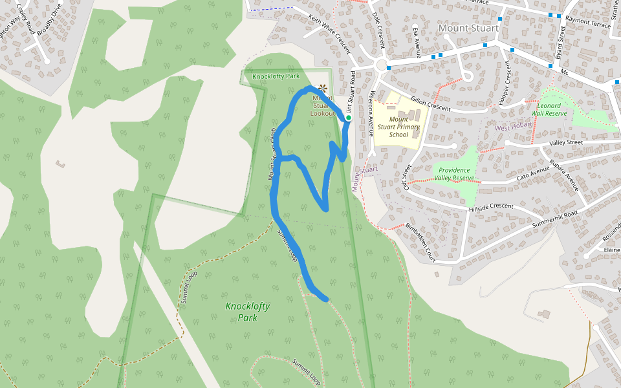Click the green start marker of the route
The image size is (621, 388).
click(x=348, y=118)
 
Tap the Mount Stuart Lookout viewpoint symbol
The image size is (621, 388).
click(x=323, y=89)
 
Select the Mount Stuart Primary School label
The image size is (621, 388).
click(x=399, y=127)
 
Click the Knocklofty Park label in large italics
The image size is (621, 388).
click(x=248, y=312)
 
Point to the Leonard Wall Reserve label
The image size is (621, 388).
click(x=549, y=109)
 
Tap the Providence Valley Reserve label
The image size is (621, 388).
click(x=454, y=174)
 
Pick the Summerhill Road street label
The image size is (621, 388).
click(x=554, y=219)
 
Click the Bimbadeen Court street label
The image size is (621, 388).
click(x=420, y=242)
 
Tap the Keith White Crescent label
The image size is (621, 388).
click(x=329, y=34)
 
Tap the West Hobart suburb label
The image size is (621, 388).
click(x=513, y=127)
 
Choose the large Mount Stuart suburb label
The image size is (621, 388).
click(x=468, y=28)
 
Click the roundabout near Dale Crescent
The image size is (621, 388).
click(x=381, y=65)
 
